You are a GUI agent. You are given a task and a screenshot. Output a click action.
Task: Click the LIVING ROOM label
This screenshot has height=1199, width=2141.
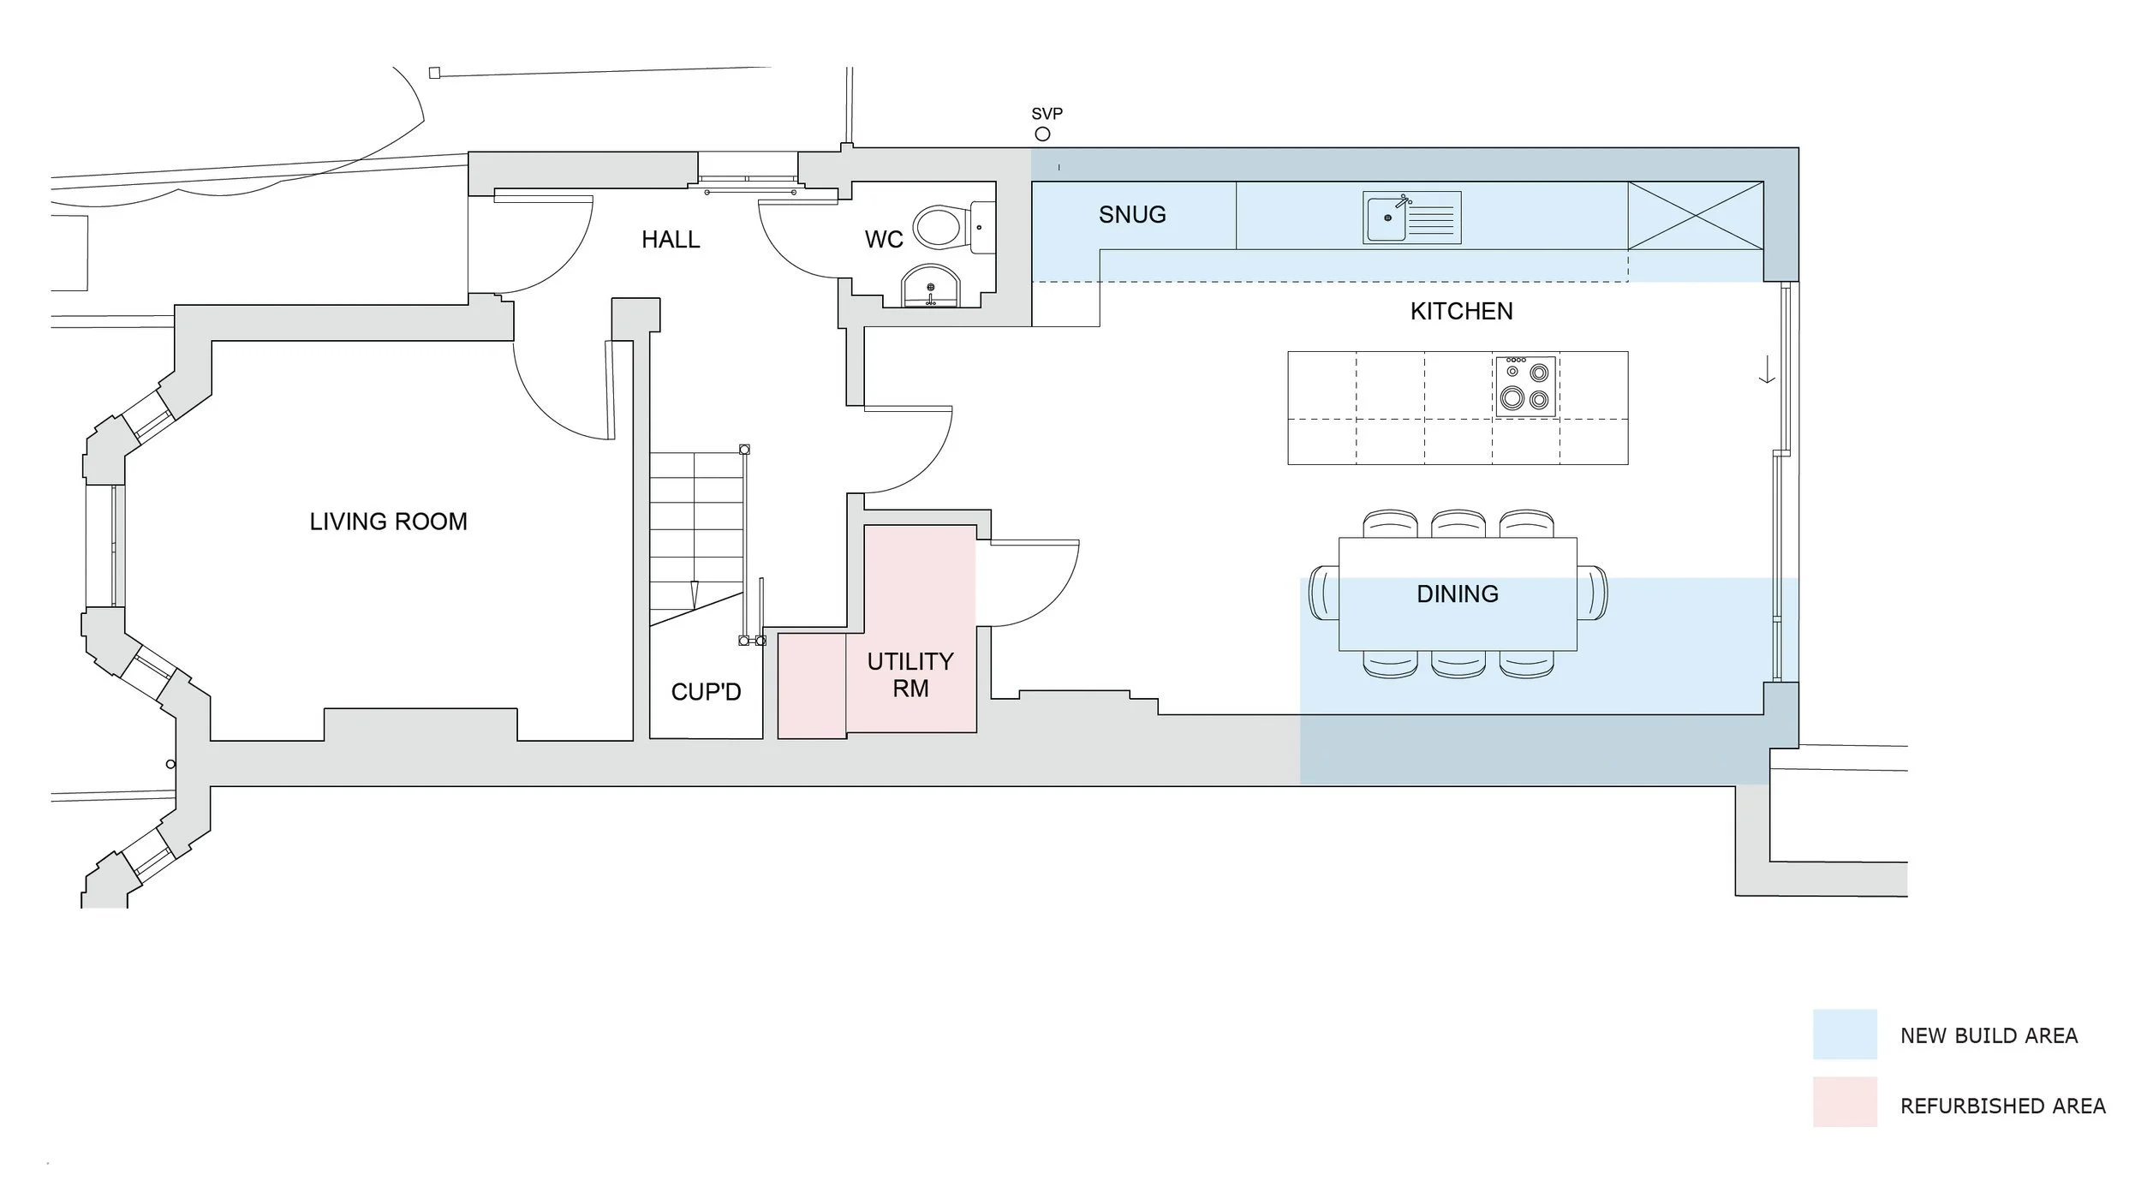click(x=388, y=522)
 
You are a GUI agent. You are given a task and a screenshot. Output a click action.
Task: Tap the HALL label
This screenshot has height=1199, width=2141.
click(x=671, y=240)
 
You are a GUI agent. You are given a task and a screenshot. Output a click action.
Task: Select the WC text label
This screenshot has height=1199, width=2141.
click(x=884, y=240)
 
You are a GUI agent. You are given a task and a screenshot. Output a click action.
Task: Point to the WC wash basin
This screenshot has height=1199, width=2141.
click(x=931, y=287)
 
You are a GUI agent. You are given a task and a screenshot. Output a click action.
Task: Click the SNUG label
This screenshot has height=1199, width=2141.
click(x=1132, y=215)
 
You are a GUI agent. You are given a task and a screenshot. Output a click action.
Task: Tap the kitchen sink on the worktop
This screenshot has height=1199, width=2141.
click(x=1387, y=218)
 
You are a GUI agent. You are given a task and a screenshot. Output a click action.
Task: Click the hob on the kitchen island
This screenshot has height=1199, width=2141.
click(x=1525, y=387)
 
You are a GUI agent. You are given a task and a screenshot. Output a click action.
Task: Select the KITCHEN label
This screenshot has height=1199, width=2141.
click(x=1461, y=312)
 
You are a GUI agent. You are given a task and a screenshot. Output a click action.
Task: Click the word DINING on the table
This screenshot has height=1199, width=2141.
click(x=1458, y=594)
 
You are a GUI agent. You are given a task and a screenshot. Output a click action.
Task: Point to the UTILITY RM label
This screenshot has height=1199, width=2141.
click(x=910, y=675)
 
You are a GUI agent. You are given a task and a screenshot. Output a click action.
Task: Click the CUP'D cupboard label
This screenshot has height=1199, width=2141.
click(x=706, y=692)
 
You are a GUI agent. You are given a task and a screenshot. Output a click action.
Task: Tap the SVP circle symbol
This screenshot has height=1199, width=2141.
click(x=1042, y=134)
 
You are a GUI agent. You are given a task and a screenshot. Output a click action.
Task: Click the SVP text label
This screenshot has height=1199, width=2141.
click(x=1047, y=114)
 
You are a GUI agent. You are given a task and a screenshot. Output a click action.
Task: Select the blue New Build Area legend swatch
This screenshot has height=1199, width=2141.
click(x=1845, y=1035)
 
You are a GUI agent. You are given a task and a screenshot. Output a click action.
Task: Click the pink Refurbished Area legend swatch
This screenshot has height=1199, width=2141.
click(x=1845, y=1102)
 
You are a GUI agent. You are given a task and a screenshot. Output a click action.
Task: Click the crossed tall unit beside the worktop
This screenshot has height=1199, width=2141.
click(x=1695, y=215)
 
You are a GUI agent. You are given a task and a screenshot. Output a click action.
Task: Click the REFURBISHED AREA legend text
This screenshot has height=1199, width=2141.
click(x=2002, y=1107)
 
